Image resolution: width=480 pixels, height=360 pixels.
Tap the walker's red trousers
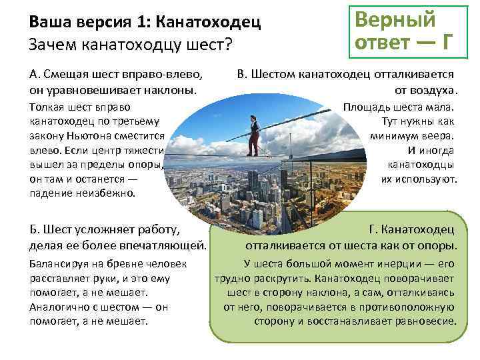pos(253,144)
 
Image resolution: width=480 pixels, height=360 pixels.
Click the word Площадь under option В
pos(363,107)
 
